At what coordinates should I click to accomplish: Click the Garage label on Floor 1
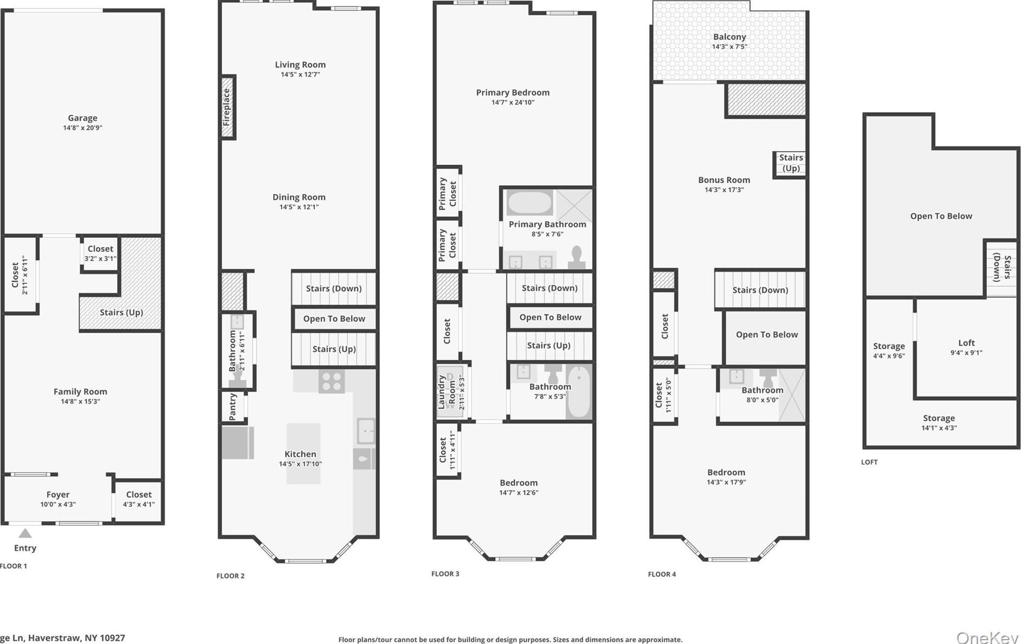pyautogui.click(x=82, y=118)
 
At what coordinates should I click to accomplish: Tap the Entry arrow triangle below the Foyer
pyautogui.click(x=25, y=534)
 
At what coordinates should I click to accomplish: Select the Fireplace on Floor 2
pyautogui.click(x=227, y=107)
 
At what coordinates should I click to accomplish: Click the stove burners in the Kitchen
pyautogui.click(x=331, y=381)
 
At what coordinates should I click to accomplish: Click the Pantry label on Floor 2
pyautogui.click(x=233, y=406)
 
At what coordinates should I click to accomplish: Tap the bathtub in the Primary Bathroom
pyautogui.click(x=529, y=204)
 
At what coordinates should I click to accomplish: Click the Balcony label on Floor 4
pyautogui.click(x=729, y=37)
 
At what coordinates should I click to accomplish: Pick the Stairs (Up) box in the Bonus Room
pyautogui.click(x=790, y=163)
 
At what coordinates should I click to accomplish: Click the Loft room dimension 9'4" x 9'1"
pyautogui.click(x=966, y=353)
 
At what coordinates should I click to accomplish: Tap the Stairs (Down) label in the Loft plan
pyautogui.click(x=1001, y=269)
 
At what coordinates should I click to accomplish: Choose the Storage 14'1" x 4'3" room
pyautogui.click(x=939, y=422)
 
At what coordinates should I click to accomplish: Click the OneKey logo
pyautogui.click(x=987, y=637)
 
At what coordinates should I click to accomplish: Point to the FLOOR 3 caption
pyautogui.click(x=445, y=574)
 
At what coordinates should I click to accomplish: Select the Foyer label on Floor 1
pyautogui.click(x=57, y=495)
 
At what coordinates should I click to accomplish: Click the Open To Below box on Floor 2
pyautogui.click(x=334, y=318)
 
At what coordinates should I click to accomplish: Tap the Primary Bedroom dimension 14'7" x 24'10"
pyautogui.click(x=513, y=102)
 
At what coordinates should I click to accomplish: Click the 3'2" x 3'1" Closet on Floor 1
pyautogui.click(x=100, y=253)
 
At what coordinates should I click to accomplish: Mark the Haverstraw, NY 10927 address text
pyautogui.click(x=76, y=638)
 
